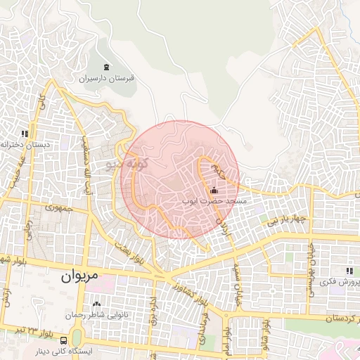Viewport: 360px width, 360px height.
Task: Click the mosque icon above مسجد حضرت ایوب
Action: tap(214, 190)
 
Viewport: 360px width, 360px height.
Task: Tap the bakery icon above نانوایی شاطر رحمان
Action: tap(97, 304)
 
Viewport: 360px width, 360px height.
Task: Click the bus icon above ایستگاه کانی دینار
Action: tap(64, 341)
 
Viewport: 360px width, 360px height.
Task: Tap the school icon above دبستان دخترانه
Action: tap(25, 133)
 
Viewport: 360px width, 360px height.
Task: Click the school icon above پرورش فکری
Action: tap(349, 271)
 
